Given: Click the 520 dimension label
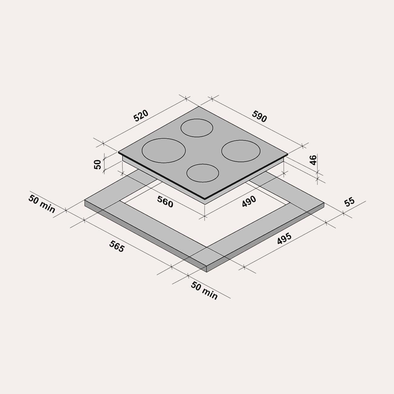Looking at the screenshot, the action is (x=141, y=116).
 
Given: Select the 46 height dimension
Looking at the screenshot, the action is (x=313, y=160).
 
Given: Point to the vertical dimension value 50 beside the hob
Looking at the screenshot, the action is (x=98, y=164).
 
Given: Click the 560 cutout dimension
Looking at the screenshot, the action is (x=165, y=202).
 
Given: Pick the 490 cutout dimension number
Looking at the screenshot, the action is (x=249, y=202).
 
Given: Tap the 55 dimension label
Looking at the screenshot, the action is (x=349, y=202).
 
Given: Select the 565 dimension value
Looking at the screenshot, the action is (x=117, y=246).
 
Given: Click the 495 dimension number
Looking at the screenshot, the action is (x=284, y=239).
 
